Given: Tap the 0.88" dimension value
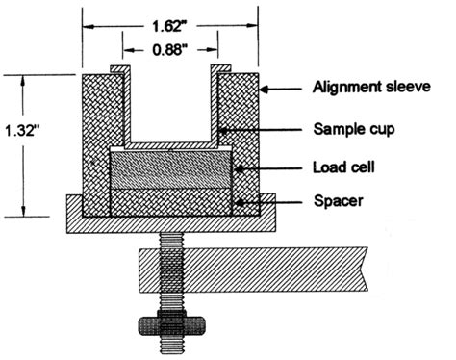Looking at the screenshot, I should pos(169,43).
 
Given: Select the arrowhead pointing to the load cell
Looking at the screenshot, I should pos(235,168).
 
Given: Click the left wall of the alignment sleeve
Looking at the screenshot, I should pos(96,144).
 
